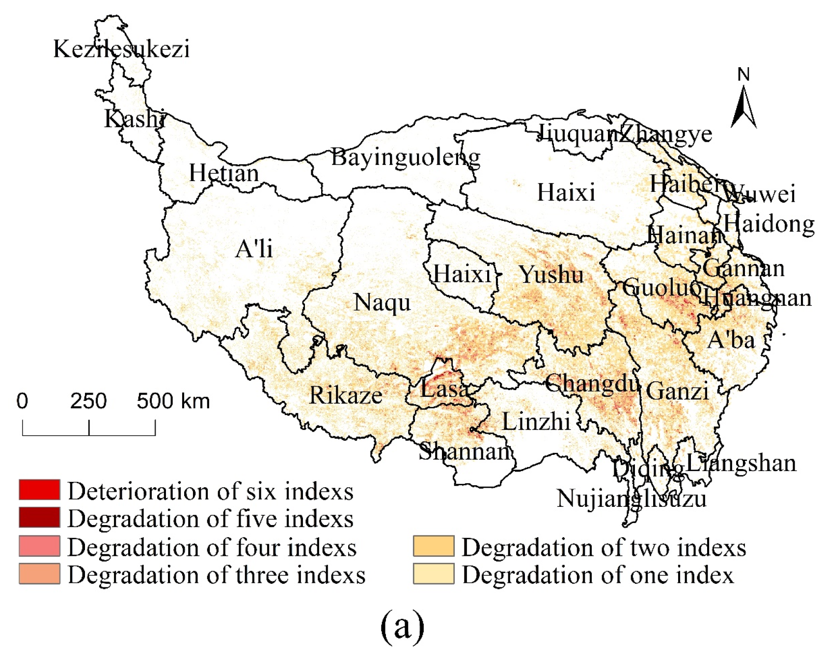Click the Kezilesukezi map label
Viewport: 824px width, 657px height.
pos(121,49)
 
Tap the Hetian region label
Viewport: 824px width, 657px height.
pos(224,173)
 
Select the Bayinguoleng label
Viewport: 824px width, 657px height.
pos(406,158)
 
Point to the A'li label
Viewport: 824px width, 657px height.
pos(254,249)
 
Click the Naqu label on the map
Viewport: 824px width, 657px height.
pos(382,303)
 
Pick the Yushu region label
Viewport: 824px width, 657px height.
pos(551,274)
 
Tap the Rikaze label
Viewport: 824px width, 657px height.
pos(346,395)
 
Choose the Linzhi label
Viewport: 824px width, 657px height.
pos(536,421)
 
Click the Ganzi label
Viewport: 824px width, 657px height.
pos(677,392)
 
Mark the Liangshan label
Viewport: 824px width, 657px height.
pos(741,463)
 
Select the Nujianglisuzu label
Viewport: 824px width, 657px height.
pos(632,499)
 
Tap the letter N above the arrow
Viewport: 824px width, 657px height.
pos(743,75)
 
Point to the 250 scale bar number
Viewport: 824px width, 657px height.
pos(88,401)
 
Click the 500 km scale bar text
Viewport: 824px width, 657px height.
pos(173,401)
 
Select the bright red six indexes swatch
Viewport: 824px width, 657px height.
pos(40,490)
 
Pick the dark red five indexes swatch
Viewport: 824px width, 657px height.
pos(40,517)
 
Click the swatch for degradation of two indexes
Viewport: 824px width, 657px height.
pos(434,546)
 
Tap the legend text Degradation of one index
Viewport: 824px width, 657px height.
pos(598,575)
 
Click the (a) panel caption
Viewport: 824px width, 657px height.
pos(402,626)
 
